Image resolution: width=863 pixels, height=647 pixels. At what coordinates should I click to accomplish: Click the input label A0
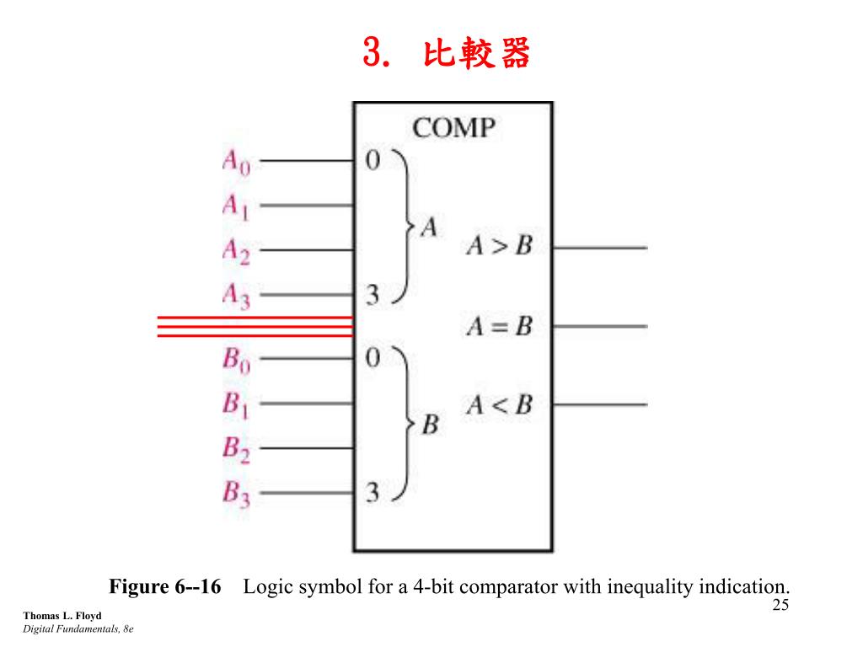click(x=236, y=162)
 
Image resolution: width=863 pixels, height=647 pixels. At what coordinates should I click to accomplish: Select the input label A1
click(x=236, y=206)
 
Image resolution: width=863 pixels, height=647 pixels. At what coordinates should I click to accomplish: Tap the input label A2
click(x=236, y=251)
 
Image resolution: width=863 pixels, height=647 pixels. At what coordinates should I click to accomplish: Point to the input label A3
click(x=236, y=296)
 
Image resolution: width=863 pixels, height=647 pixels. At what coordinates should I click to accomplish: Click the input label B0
click(x=236, y=360)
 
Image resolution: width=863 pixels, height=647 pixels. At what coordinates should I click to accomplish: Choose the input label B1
click(x=236, y=405)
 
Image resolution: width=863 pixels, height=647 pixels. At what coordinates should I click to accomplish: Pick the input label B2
click(x=236, y=449)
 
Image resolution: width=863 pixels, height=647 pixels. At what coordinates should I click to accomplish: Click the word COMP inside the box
click(x=453, y=129)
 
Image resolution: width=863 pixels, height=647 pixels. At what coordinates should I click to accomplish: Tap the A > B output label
click(x=499, y=247)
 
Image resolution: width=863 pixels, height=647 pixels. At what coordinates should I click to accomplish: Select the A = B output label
click(x=499, y=326)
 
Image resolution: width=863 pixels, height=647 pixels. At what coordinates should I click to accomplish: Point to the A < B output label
click(x=499, y=405)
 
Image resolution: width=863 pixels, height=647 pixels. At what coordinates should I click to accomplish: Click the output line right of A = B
click(x=600, y=326)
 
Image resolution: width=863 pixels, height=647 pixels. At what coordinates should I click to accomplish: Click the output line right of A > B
click(x=600, y=248)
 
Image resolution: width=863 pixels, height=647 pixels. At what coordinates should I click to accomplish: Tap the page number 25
click(x=780, y=605)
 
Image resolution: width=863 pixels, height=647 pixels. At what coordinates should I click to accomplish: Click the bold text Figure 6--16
click(x=165, y=587)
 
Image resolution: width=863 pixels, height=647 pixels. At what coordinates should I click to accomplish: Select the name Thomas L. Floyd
click(x=62, y=616)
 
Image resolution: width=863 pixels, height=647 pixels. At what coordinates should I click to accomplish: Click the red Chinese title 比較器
click(x=477, y=55)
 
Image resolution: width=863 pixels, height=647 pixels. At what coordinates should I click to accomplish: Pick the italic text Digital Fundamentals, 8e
click(x=78, y=629)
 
